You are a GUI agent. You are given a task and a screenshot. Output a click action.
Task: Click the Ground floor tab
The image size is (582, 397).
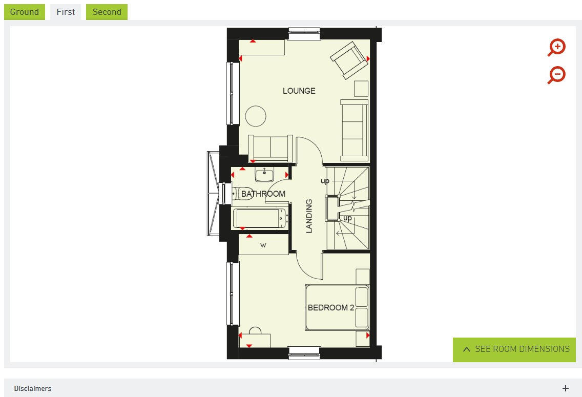pos(25,12)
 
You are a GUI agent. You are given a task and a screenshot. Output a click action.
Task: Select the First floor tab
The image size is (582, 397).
pos(66,12)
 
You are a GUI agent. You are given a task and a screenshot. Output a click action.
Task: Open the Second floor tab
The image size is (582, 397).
pos(107,12)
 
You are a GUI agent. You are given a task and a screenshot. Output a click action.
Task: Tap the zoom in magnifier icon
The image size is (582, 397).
pos(557,48)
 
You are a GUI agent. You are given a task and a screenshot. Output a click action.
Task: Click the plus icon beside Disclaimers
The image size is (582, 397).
pos(566,388)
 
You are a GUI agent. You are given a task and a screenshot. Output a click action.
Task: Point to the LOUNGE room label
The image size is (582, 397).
pos(299,91)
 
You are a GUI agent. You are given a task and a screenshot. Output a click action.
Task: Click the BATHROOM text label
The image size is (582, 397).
pos(263,194)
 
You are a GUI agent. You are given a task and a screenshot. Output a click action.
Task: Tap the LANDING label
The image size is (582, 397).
pos(309,216)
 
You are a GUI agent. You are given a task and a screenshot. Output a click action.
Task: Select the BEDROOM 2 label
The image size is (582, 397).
pos(331,308)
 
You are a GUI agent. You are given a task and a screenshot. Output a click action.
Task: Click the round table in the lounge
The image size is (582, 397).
pos(256,116)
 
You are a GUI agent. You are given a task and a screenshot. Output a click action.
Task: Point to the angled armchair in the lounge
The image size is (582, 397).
pos(349,60)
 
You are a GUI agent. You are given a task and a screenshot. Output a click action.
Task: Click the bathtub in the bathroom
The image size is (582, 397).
pos(260,218)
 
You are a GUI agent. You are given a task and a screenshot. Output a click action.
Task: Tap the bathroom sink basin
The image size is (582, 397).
pos(265,175)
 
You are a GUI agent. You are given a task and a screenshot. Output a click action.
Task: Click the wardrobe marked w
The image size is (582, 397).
pos(263,245)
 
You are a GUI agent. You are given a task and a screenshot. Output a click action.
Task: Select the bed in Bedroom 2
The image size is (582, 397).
pos(337,307)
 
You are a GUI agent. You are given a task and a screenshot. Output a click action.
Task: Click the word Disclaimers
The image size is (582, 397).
pos(33,388)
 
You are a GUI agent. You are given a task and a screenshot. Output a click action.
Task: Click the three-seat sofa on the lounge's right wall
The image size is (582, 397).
pos(354,130)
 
